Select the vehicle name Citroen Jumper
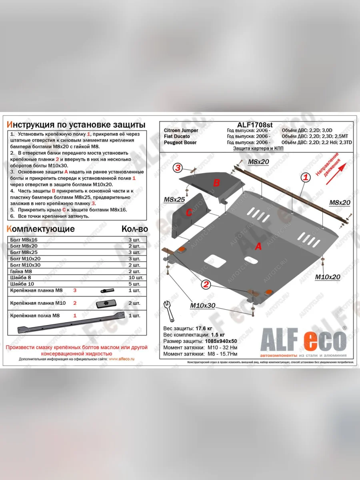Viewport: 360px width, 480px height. point(181,131)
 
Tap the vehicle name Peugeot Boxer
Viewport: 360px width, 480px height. point(180,142)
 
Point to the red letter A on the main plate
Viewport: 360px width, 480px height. point(258,247)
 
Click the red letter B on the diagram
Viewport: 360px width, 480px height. point(216,183)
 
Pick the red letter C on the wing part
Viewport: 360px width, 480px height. point(188,213)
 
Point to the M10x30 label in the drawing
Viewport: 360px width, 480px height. point(202,306)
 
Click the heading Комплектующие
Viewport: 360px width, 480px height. point(41,229)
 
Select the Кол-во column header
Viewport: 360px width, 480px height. point(134,229)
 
